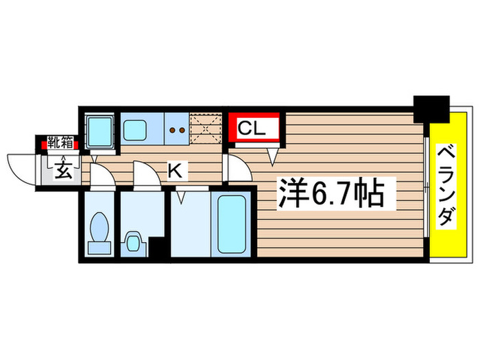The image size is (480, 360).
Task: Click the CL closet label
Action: [250, 127]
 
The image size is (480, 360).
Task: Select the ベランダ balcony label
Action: [446, 185]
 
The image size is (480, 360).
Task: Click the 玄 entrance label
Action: [62, 169]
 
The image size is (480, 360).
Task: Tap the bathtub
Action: [232, 223]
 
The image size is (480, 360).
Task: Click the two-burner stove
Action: [176, 128]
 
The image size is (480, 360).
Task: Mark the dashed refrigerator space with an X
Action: [205, 128]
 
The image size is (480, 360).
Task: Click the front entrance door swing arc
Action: [21, 168]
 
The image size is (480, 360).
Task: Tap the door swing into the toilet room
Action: [103, 177]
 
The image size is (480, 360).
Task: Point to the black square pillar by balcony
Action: [431, 108]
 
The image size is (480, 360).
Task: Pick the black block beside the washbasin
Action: [158, 248]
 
